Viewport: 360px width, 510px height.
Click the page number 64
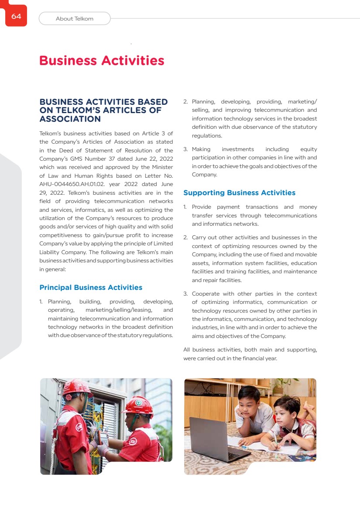coord(16,17)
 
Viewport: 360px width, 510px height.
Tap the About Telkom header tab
coord(75,19)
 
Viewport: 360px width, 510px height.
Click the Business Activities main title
coord(102,60)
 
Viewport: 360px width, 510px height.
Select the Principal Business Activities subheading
coord(91,287)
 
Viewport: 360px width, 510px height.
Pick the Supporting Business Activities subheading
coord(239,193)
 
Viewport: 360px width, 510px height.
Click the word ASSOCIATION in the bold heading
coord(70,119)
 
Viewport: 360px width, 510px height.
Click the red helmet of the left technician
coord(77,387)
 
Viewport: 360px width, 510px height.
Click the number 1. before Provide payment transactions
coord(185,207)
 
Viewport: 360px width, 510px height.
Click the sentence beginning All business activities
coord(250,354)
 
